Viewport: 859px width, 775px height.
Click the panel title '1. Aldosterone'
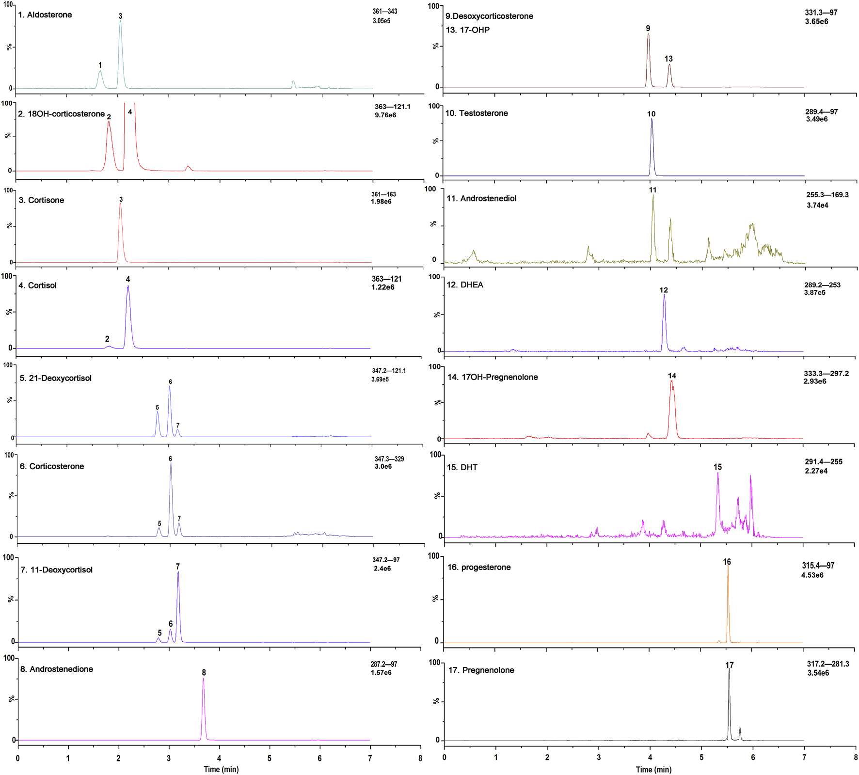click(45, 15)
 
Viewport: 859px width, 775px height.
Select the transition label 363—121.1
click(392, 107)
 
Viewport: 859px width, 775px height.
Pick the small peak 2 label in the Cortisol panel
click(107, 339)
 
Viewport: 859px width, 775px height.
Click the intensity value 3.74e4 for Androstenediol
click(817, 206)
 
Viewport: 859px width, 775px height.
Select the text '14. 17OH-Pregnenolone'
click(493, 377)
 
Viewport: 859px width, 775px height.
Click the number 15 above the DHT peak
click(717, 467)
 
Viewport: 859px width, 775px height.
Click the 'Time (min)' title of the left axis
click(221, 769)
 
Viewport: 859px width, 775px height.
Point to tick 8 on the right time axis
click(855, 758)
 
